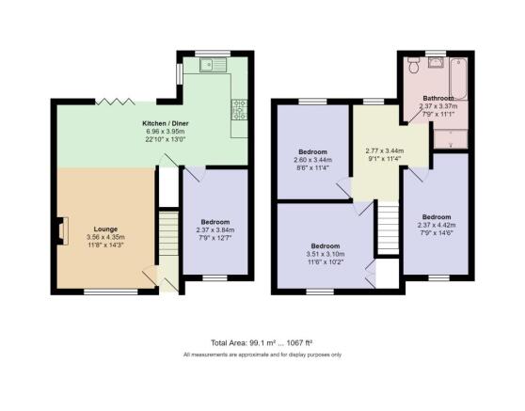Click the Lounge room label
point(105,229)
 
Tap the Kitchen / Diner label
point(166,123)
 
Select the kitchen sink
point(214,65)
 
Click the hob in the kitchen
point(239,109)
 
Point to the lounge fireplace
point(62,230)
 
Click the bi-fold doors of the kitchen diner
point(115,102)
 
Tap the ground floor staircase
point(168,233)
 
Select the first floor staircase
point(389,228)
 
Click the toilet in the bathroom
point(414,64)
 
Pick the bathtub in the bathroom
point(458,79)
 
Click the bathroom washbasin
point(436,62)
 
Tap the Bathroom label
point(438,98)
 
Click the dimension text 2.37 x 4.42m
point(437,225)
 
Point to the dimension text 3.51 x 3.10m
point(326,254)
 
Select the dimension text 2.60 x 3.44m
point(312,160)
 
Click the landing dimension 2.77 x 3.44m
point(385,150)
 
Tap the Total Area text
point(262,342)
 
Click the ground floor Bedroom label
point(215,222)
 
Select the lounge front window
point(111,292)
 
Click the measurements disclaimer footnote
point(262,355)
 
